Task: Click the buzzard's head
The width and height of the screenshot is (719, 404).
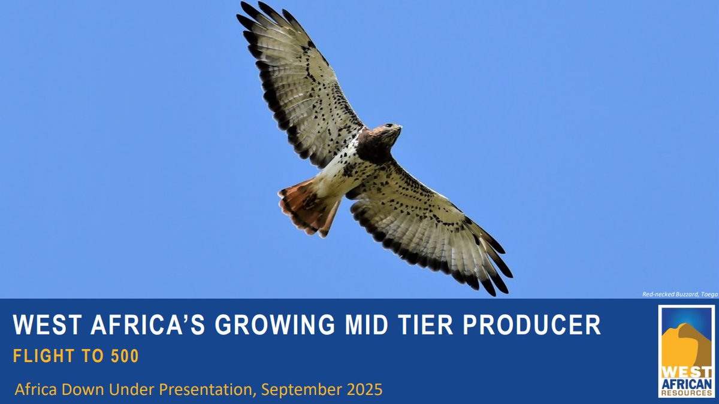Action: pyautogui.click(x=387, y=133)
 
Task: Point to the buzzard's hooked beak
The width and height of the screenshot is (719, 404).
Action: pyautogui.click(x=398, y=127)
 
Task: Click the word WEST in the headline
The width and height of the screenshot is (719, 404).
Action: pyautogui.click(x=40, y=325)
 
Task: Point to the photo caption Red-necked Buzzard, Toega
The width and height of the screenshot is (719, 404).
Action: pyautogui.click(x=679, y=294)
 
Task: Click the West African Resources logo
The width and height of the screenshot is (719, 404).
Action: pyautogui.click(x=686, y=351)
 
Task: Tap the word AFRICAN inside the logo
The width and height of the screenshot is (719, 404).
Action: pyautogui.click(x=686, y=383)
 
